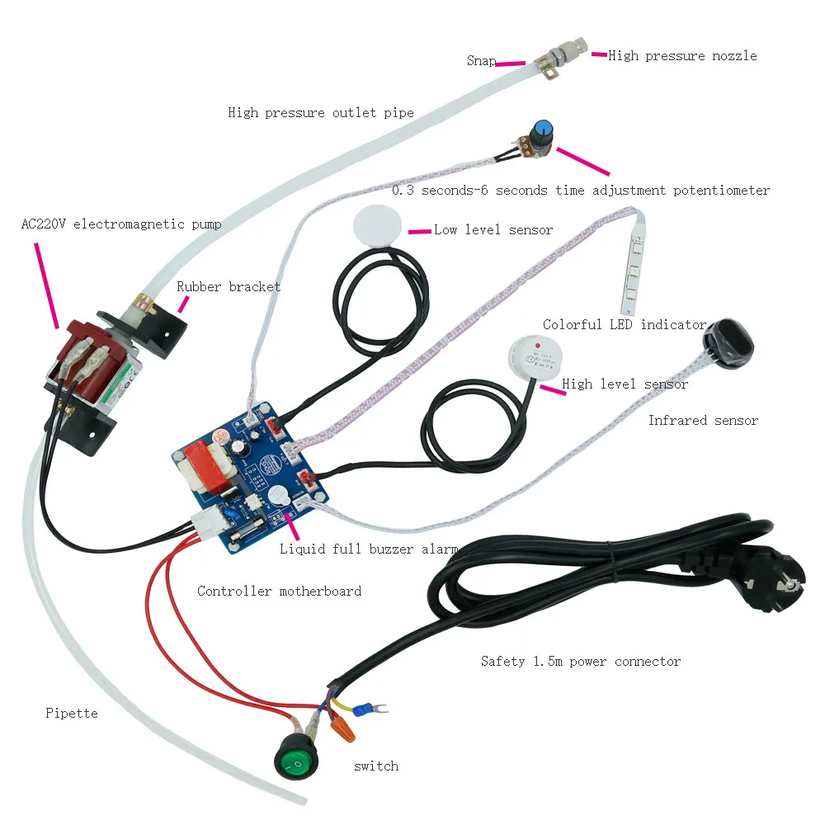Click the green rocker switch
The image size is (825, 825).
pos(295,757)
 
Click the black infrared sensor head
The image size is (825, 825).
pos(728,344)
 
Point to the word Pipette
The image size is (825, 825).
pos(72,713)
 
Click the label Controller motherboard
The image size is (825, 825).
pos(279,591)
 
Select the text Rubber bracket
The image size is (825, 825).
pos(229,287)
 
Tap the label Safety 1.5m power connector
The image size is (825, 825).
pos(580,662)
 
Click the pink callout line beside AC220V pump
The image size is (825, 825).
pos(46,285)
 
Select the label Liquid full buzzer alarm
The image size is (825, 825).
pos(369,549)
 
